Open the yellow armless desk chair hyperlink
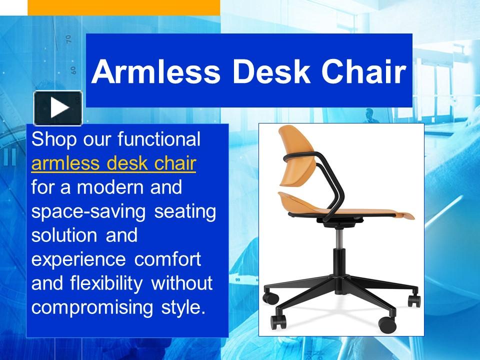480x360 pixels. [113, 163]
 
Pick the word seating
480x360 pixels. [185, 211]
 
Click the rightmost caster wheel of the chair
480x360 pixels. [414, 300]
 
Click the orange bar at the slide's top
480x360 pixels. [123, 7]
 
